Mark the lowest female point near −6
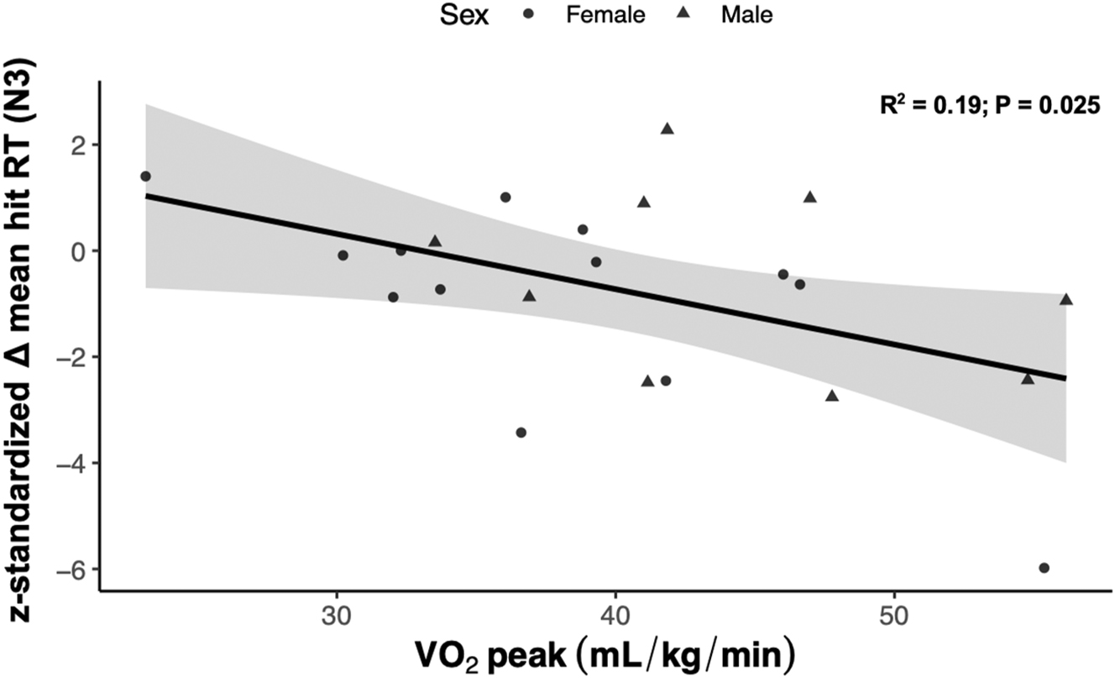click(x=1044, y=568)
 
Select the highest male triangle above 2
click(x=667, y=129)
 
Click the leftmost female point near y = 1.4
click(x=145, y=176)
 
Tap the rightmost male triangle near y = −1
click(x=1066, y=299)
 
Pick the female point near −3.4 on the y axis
click(x=521, y=433)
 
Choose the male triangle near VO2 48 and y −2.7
click(x=832, y=396)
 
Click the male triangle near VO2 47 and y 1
click(x=810, y=197)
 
